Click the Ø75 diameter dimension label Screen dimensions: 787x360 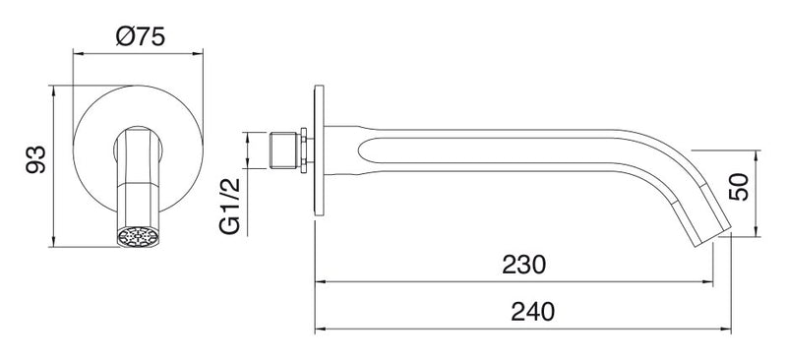[141, 36]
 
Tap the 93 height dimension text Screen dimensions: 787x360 [36, 159]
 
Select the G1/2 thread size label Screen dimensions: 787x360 [230, 206]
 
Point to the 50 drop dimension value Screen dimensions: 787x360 [739, 187]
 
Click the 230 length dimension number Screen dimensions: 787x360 [523, 265]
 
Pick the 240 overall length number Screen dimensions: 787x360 [532, 312]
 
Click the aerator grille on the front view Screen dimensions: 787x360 [138, 236]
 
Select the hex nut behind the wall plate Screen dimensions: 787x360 [303, 150]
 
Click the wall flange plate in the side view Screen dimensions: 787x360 [319, 150]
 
